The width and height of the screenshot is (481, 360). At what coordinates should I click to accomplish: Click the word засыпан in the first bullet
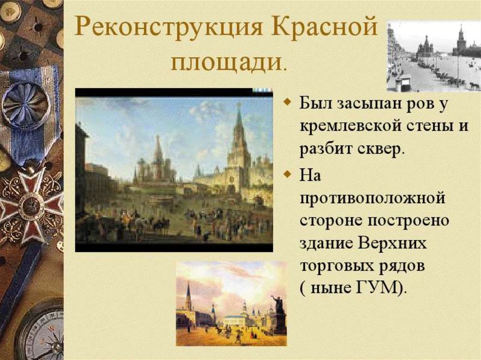tap(366, 104)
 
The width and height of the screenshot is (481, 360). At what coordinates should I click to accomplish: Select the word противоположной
tap(372, 198)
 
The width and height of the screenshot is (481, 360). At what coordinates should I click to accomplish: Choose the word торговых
tap(335, 266)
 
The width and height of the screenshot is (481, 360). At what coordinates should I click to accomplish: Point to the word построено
tap(408, 221)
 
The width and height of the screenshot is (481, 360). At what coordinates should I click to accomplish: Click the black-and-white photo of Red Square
tap(433, 56)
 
